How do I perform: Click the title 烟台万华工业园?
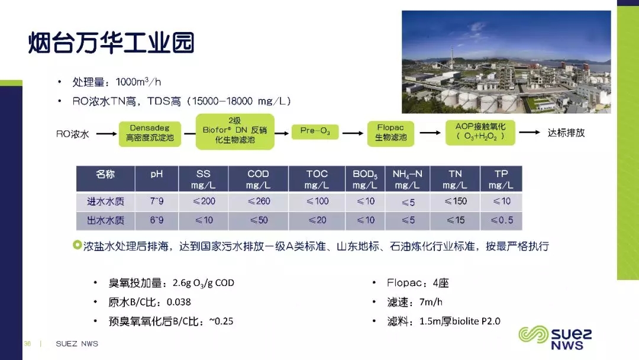(111, 43)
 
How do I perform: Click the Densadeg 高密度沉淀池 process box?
(150, 133)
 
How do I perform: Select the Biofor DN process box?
(235, 131)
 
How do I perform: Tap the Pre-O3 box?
(315, 131)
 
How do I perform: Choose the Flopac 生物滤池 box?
(390, 133)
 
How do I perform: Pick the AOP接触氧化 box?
(480, 132)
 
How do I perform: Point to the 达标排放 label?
(566, 133)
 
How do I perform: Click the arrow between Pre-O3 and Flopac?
(353, 133)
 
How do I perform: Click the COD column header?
(259, 179)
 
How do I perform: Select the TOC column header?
(317, 179)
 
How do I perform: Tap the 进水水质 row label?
(105, 201)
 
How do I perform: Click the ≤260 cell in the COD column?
(259, 201)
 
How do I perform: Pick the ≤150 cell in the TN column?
(455, 201)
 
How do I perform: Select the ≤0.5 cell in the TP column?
(501, 220)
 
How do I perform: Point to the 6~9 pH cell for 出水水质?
(156, 220)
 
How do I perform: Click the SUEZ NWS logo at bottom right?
(555, 337)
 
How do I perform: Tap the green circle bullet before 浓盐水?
(77, 245)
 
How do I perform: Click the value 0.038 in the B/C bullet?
(179, 302)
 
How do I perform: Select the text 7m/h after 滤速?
(431, 302)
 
